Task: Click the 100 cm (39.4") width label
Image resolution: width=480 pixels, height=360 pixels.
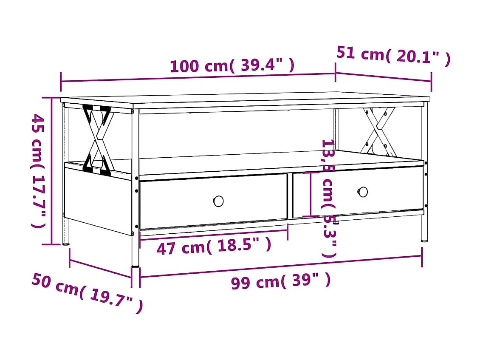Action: pos(232,66)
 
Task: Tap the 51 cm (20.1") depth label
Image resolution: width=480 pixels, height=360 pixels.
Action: pos(393,55)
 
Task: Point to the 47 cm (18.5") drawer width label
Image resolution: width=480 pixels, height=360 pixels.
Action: pos(214,247)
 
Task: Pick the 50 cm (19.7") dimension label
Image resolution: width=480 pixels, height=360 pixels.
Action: pos(87,293)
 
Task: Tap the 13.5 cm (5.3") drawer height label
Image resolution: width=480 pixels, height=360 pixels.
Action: pos(328,198)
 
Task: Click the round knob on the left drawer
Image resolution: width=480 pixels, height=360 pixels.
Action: pos(218,201)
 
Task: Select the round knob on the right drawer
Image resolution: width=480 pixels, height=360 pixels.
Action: pos(362,192)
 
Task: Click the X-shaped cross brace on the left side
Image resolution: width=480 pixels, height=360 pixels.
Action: pos(99,140)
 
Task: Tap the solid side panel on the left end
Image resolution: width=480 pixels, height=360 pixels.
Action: pos(98,200)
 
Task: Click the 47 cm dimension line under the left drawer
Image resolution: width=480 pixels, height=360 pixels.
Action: pos(214,235)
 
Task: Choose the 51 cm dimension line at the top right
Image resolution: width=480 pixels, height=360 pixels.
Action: pos(384,77)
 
